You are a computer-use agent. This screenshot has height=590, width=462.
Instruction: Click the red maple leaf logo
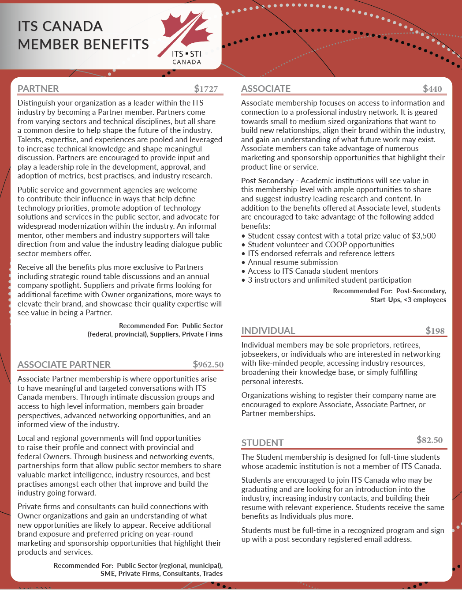(x=187, y=31)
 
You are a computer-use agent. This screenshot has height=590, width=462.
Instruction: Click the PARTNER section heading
(x=38, y=89)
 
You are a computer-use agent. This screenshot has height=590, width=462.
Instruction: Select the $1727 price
(x=206, y=89)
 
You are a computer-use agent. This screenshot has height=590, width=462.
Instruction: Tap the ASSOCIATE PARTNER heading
(x=64, y=365)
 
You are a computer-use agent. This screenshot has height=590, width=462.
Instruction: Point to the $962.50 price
(x=208, y=364)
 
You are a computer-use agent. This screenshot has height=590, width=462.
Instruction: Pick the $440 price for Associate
(x=432, y=89)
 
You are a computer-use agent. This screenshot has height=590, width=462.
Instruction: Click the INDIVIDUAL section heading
(x=268, y=331)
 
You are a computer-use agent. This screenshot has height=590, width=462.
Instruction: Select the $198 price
(x=435, y=331)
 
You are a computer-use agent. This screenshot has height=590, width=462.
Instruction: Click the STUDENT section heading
(x=262, y=443)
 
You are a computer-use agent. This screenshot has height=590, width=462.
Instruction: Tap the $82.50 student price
(x=429, y=440)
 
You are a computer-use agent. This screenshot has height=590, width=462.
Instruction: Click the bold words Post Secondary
(x=267, y=181)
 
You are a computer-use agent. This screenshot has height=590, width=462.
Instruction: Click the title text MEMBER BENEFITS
(x=83, y=45)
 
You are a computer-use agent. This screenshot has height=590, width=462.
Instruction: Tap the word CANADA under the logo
(x=186, y=62)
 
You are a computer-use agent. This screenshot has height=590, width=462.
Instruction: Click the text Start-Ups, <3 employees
(x=408, y=300)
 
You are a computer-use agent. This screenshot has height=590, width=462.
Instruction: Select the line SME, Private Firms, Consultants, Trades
(x=161, y=574)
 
